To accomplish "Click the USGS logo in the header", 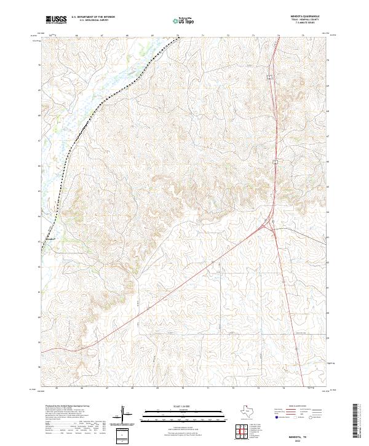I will coord(57,20).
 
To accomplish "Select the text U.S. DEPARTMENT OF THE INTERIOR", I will coord(93,18).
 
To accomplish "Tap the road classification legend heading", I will coord(298,408).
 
